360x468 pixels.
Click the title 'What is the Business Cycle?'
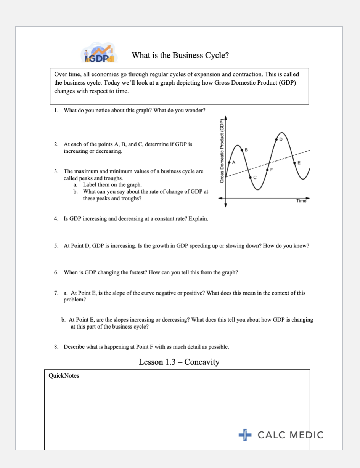coord(180,56)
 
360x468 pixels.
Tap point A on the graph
coord(229,163)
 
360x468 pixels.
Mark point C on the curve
coord(250,177)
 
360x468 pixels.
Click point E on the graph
coord(294,163)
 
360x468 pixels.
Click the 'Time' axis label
coord(301,201)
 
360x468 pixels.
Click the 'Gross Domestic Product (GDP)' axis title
coord(222,151)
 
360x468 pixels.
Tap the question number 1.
coord(56,111)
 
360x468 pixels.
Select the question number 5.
coord(56,246)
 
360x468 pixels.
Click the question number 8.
coord(56,347)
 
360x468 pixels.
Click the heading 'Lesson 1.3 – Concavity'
coord(179,362)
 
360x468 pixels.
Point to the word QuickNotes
coord(64,376)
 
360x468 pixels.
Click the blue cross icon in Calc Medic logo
coord(245,435)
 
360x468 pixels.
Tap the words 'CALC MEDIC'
coord(291,435)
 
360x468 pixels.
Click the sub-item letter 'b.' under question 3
coord(76,192)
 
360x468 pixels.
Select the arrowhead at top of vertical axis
coord(225,117)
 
